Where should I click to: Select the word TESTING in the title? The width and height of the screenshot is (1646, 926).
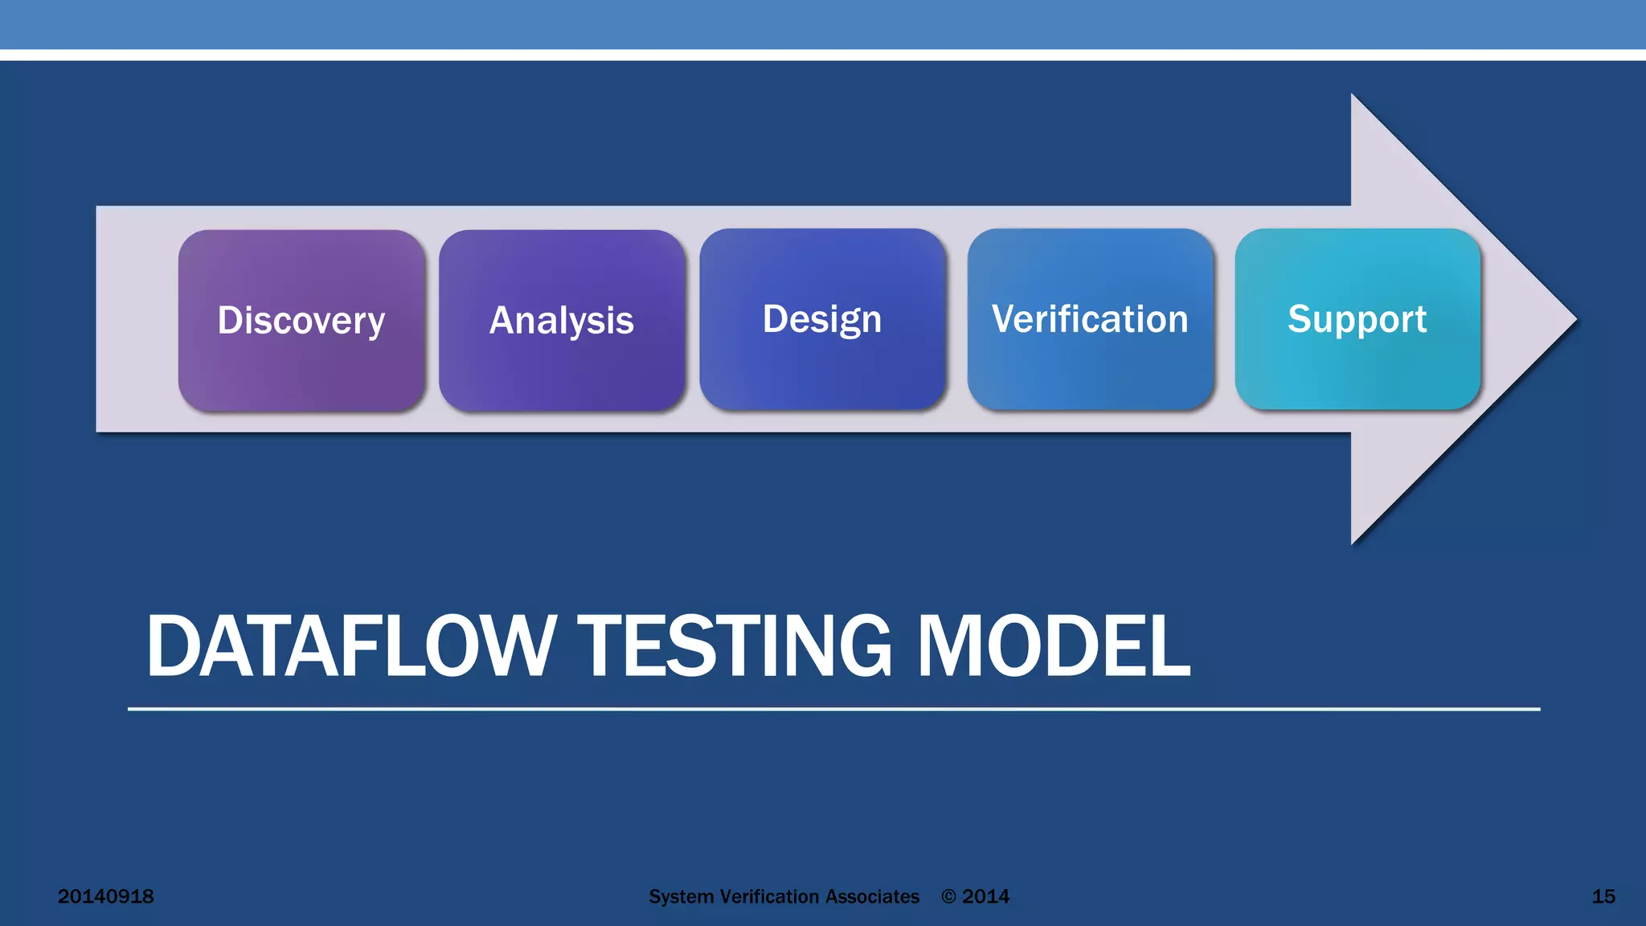pos(735,646)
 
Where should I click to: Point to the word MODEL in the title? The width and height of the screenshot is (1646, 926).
pos(1054,646)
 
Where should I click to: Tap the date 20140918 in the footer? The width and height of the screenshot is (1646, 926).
pos(105,896)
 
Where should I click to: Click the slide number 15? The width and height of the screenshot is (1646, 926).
pos(1603,896)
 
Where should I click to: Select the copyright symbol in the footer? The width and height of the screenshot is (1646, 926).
pos(949,897)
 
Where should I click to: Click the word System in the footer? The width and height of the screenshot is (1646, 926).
pos(681,897)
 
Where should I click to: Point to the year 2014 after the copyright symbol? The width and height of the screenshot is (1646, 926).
pos(985,897)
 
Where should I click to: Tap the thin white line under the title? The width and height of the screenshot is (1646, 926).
pos(833,709)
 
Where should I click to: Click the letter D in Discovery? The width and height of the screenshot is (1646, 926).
pos(229,320)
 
